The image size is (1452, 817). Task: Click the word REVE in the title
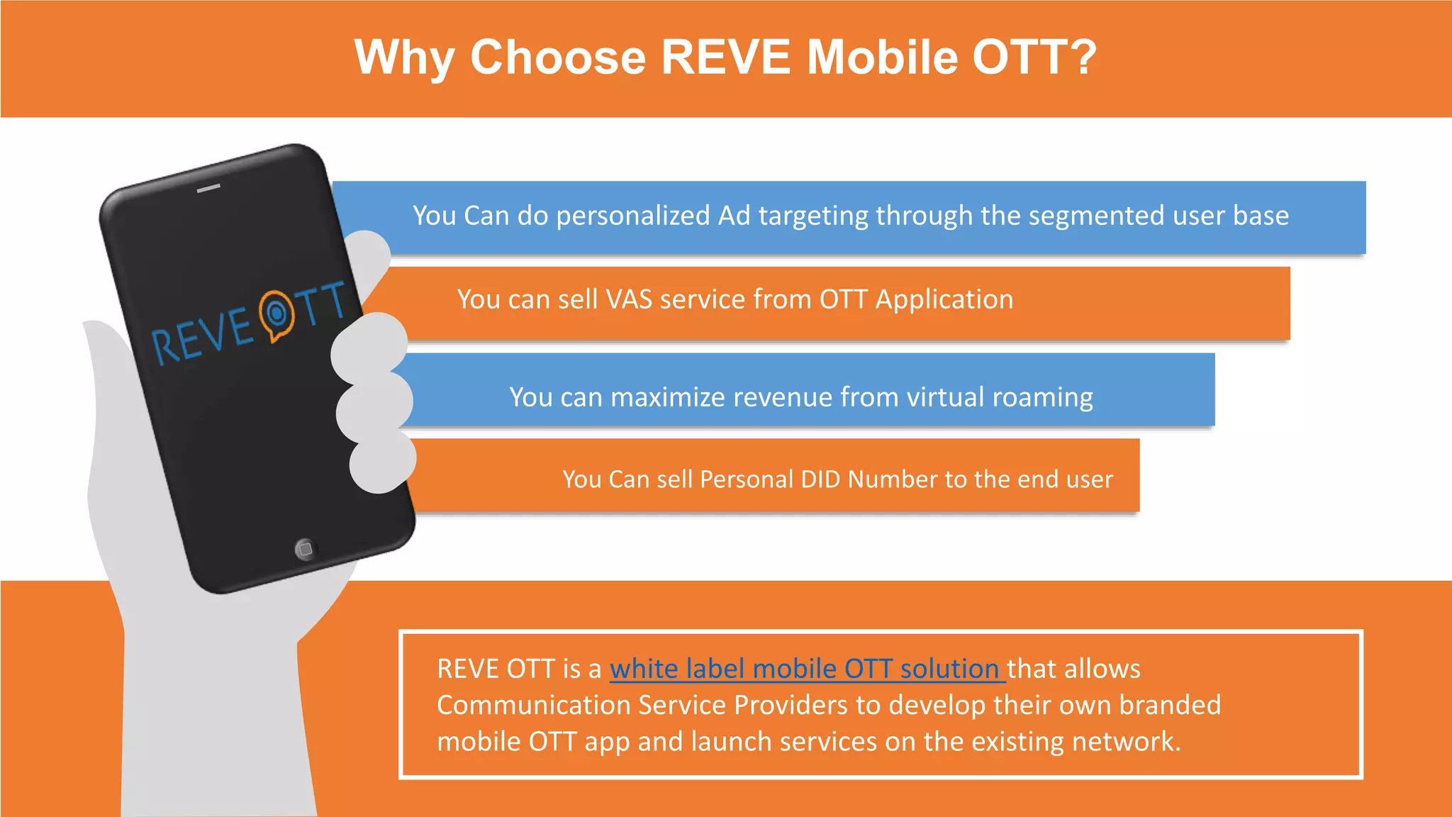click(725, 57)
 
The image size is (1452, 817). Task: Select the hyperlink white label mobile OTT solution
click(806, 669)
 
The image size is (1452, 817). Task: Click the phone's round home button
click(306, 549)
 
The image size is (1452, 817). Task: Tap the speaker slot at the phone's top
click(208, 189)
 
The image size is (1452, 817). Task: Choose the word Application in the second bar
click(944, 300)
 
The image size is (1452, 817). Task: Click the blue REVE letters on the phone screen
click(203, 338)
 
